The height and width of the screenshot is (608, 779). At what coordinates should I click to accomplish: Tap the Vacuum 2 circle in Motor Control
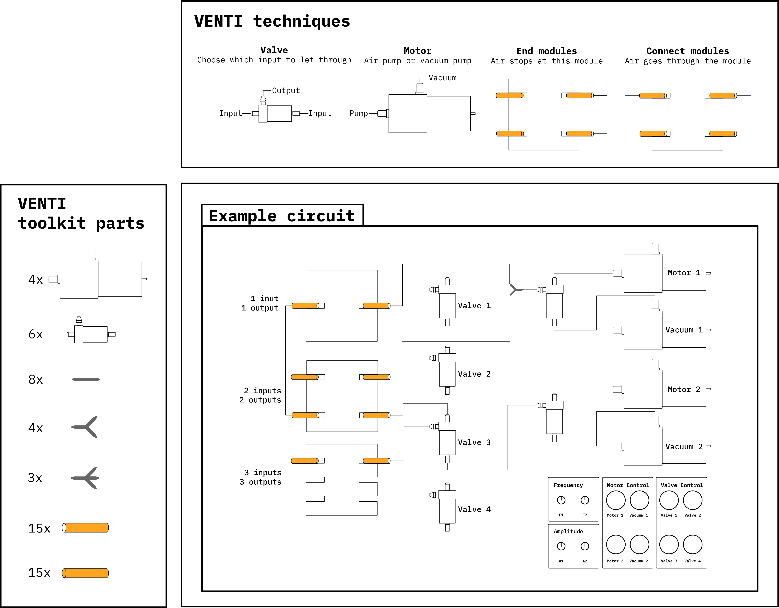639,544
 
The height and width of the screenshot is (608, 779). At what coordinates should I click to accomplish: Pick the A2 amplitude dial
585,546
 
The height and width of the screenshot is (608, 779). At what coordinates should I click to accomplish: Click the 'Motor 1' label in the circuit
684,273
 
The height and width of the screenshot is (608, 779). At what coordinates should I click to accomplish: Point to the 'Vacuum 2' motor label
684,447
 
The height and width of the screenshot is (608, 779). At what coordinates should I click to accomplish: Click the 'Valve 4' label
474,509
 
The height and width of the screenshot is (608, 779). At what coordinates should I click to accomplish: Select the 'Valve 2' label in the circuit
474,374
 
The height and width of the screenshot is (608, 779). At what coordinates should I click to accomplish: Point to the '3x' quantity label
35,478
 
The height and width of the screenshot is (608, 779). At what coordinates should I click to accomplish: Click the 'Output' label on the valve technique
286,91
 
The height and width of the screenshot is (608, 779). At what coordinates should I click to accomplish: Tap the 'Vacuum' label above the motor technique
442,78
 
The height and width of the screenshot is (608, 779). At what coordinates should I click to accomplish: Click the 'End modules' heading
546,51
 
